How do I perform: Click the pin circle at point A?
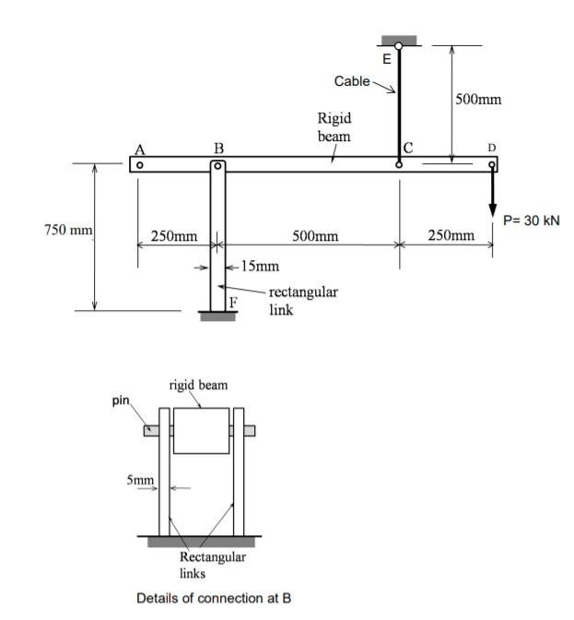[138, 165]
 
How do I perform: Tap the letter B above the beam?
[218, 148]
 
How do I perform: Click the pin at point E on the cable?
[398, 46]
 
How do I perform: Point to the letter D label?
[491, 147]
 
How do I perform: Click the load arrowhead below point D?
[493, 207]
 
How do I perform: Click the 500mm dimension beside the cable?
[478, 100]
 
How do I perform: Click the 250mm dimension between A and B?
[174, 237]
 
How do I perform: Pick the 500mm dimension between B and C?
[315, 237]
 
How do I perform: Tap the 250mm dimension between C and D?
[452, 237]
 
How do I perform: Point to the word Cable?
[352, 81]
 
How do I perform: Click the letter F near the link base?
[233, 302]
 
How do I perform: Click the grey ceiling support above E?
[398, 40]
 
